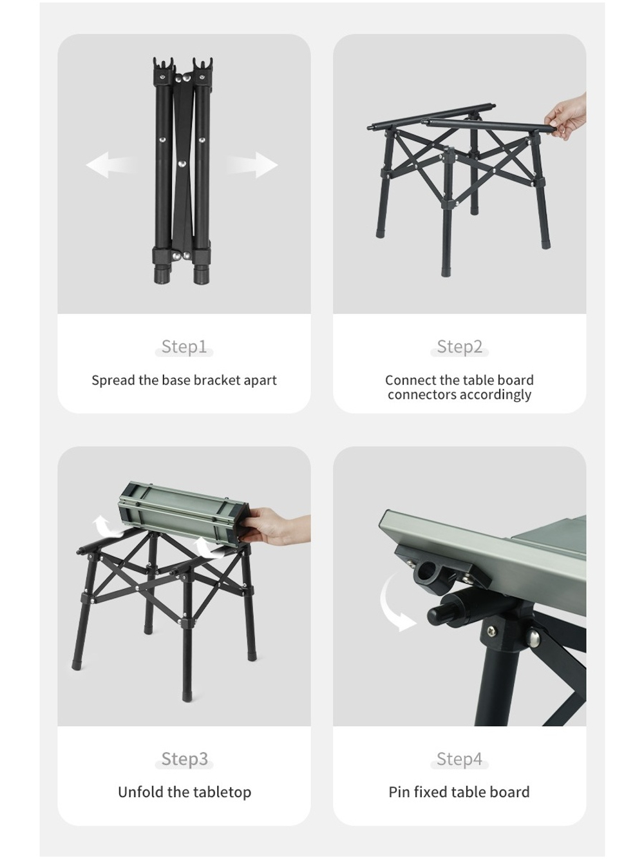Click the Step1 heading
tap(184, 347)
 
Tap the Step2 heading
tap(459, 347)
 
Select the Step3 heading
tap(184, 759)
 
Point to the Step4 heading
tap(459, 759)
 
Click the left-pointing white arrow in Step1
tap(108, 166)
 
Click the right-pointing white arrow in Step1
tap(255, 165)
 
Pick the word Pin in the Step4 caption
tap(399, 792)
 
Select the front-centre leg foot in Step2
tap(446, 269)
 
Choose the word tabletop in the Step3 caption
tap(220, 792)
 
